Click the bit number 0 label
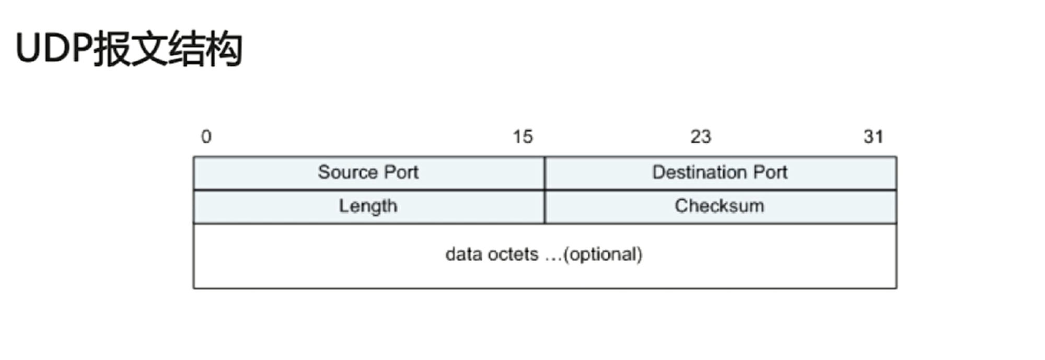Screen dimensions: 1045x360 tap(206, 136)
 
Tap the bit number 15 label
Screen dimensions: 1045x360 tap(522, 136)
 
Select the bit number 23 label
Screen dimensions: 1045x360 tap(701, 136)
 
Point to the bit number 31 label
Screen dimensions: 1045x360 tap(873, 136)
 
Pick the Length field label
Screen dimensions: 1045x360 tap(368, 206)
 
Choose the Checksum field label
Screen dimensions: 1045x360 tap(719, 205)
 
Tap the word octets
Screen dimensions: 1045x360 tap(513, 254)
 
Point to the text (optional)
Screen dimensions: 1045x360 tap(602, 254)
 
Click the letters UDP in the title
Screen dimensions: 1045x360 tap(53, 48)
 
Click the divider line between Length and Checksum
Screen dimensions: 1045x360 tap(544, 207)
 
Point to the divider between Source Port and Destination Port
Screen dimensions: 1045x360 tap(544, 173)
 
